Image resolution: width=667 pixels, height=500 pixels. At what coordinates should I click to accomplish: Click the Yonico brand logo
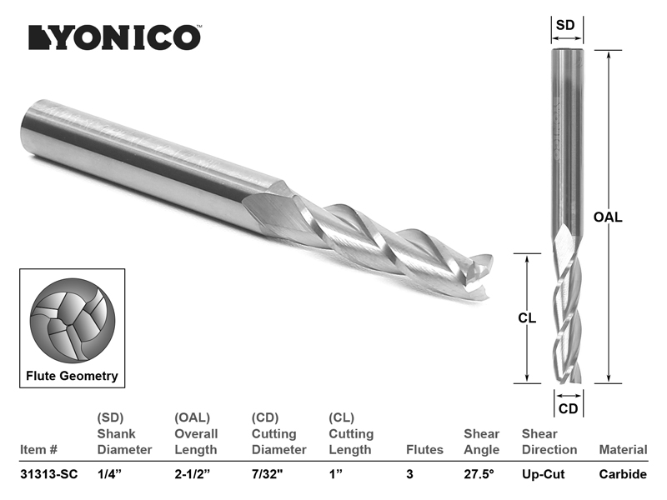(x=115, y=37)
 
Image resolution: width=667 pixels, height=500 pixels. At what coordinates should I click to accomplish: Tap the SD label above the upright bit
(x=565, y=25)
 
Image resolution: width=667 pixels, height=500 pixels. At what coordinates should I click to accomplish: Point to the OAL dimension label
(x=608, y=217)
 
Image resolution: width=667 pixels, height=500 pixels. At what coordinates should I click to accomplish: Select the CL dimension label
(x=527, y=318)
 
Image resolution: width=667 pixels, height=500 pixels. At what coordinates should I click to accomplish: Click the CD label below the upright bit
(x=569, y=409)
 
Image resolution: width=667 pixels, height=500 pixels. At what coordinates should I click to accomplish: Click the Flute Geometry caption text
(x=72, y=377)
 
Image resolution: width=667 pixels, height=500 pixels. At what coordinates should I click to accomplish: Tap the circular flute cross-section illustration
(x=73, y=321)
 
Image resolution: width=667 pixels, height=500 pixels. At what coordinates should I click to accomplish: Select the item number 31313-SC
(x=49, y=474)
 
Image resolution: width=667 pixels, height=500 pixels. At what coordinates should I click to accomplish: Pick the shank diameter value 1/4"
(x=109, y=474)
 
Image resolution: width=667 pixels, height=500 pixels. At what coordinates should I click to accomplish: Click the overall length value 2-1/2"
(x=193, y=474)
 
